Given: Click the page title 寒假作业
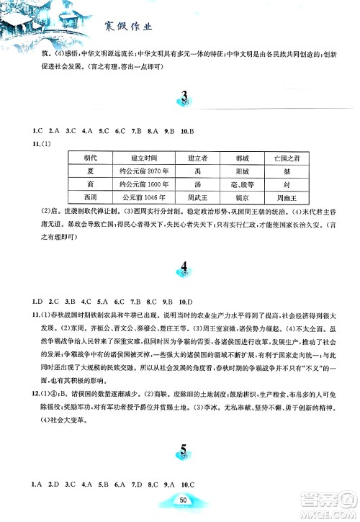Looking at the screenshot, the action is [130, 27].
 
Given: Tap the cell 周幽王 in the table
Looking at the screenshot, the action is [280, 197].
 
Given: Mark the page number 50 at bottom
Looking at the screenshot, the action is [184, 500].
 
